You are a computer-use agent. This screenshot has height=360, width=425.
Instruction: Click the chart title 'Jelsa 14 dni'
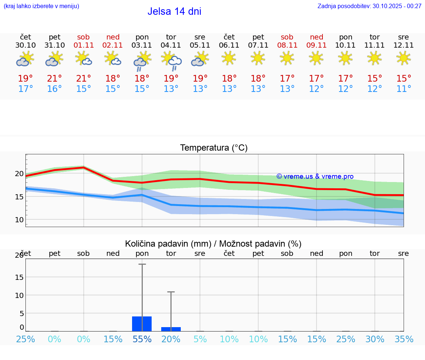[x=174, y=11]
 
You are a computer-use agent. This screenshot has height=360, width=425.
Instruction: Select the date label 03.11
[x=142, y=45]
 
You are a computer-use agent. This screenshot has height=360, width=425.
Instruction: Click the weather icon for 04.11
[x=171, y=60]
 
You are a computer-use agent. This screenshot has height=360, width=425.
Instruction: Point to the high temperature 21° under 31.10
[x=54, y=79]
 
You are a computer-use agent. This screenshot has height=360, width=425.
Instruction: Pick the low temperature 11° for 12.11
[x=404, y=89]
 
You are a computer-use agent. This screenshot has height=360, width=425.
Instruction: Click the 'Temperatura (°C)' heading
[x=214, y=148]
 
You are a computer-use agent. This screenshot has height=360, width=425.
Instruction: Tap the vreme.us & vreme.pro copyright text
[x=315, y=176]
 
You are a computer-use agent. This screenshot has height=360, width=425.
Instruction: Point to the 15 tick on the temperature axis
[x=19, y=197]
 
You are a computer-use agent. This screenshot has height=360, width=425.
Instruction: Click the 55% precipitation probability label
[x=142, y=339]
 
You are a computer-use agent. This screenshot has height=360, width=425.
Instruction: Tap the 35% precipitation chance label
[x=404, y=339]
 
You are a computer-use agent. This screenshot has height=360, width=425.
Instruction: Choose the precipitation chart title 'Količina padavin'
[x=213, y=244]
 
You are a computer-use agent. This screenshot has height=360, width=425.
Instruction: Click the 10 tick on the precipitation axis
[x=19, y=295]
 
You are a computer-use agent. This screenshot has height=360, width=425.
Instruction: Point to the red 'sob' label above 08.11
[x=287, y=37]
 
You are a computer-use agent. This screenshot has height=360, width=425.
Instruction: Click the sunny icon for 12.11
[x=403, y=58]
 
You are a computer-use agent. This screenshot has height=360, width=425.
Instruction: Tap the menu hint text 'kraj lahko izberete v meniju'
[x=41, y=6]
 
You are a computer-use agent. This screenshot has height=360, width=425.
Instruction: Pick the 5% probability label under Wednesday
[x=200, y=339]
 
